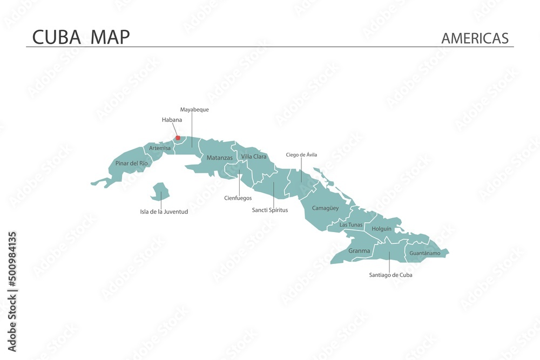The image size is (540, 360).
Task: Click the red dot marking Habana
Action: pos(178,138)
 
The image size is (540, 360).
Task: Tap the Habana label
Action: pos(172,120)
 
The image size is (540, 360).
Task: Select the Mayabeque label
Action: pos(194,110)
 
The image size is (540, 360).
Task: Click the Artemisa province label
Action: pos(160,148)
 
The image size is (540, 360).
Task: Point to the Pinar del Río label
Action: pos(131,163)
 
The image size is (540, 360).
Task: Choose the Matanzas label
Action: pos(220,158)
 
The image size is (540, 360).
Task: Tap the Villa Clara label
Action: pos(254,157)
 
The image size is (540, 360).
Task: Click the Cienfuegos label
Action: pos(238,198)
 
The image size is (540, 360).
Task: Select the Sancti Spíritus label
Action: pos(270,210)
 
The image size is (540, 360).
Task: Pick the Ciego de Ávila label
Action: pos(301,155)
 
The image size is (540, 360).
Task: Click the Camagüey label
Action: pos(325,208)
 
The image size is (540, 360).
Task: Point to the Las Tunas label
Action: pos(351,225)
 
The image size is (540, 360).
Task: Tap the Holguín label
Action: pos(382,229)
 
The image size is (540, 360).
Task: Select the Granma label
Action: pos(359,250)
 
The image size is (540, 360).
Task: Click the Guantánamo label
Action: pos(424,253)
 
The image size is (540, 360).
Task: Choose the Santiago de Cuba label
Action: pos(390,275)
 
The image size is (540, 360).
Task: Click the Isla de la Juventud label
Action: pos(164,212)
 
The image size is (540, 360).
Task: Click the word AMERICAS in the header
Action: pos(475,38)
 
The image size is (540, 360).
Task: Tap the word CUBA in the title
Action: pos(57,37)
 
